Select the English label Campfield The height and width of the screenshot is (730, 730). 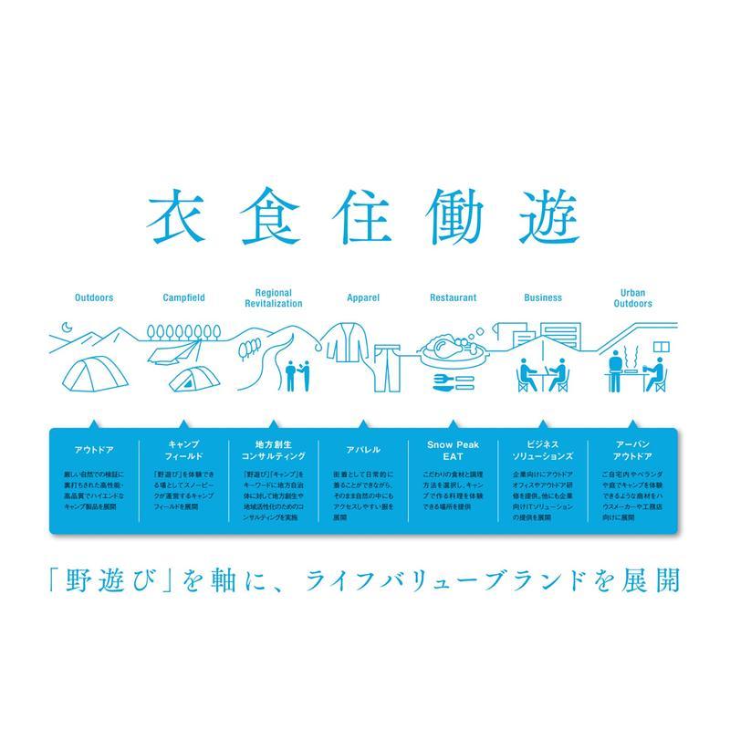183,297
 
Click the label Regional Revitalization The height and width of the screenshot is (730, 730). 274,297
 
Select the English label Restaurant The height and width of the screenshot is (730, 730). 454,297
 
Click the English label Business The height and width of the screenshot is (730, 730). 543,297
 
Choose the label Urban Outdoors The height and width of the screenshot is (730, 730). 633,297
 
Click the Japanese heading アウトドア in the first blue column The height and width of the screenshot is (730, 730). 94,450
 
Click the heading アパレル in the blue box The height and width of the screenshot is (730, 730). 363,450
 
